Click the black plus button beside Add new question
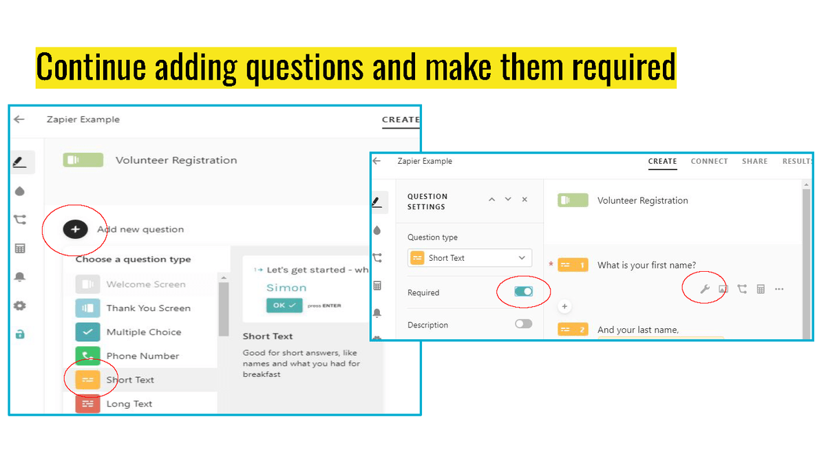click(x=75, y=229)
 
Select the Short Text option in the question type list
click(x=130, y=380)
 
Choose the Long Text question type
click(x=129, y=403)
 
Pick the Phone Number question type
click(x=142, y=356)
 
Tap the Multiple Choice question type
click(x=144, y=332)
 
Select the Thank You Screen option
click(x=149, y=308)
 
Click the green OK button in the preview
click(x=284, y=305)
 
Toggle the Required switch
click(x=523, y=292)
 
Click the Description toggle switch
click(x=523, y=324)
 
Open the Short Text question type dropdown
click(x=469, y=258)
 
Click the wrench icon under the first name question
click(x=705, y=289)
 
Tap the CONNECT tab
click(x=709, y=161)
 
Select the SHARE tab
click(x=755, y=161)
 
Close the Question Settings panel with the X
click(x=525, y=200)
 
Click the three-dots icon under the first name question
click(x=779, y=289)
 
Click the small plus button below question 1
click(x=564, y=306)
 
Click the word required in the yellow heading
click(x=624, y=67)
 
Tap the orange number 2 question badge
click(x=573, y=330)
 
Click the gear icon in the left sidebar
click(x=20, y=305)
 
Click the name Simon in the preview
click(x=286, y=288)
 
